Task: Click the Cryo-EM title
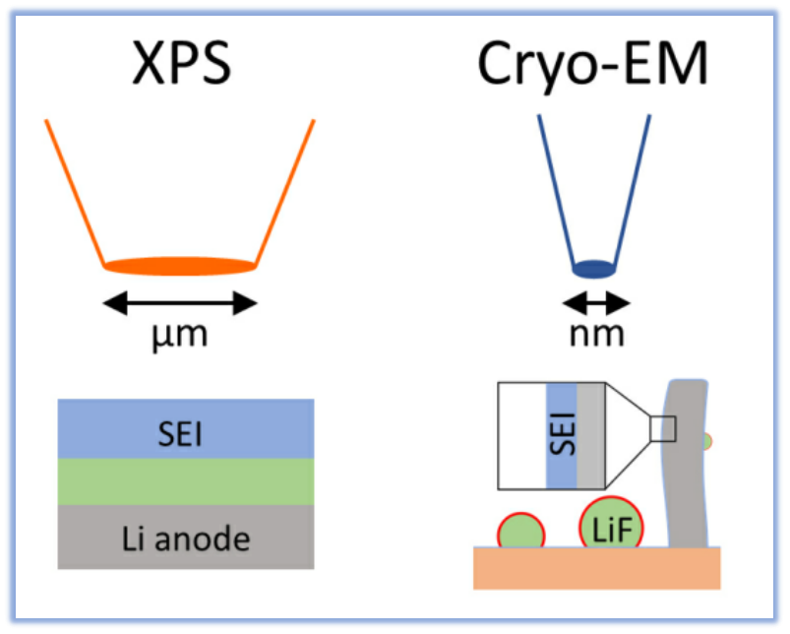coord(593,67)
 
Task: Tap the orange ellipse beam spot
coord(180,265)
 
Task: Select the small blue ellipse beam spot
coord(593,267)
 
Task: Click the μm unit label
coord(181,335)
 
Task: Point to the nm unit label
coord(597,334)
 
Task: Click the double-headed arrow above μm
coord(180,302)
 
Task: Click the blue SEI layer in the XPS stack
coord(186,429)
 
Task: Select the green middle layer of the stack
coord(186,482)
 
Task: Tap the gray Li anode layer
coord(186,538)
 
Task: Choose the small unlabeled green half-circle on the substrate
coord(521,534)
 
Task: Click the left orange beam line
coord(74,192)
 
